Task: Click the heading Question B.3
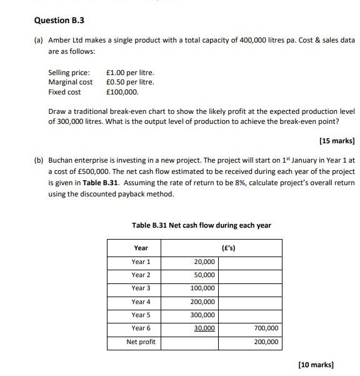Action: point(59,21)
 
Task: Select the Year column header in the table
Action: point(141,248)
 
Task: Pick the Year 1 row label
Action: point(141,262)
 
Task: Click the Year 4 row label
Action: point(141,302)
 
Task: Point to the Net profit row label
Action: point(141,342)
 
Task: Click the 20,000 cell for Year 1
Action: point(204,262)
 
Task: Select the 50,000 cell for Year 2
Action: point(204,275)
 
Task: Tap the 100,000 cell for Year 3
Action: point(202,288)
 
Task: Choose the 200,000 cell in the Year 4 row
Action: point(202,302)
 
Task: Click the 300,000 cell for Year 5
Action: point(202,315)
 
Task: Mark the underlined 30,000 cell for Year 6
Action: point(204,328)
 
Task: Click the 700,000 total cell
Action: point(266,328)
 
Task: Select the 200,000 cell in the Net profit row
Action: point(266,342)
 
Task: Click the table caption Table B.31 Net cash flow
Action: point(201,225)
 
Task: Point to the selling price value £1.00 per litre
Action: point(130,73)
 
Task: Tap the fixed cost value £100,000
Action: point(122,92)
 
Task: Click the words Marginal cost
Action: point(70,82)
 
